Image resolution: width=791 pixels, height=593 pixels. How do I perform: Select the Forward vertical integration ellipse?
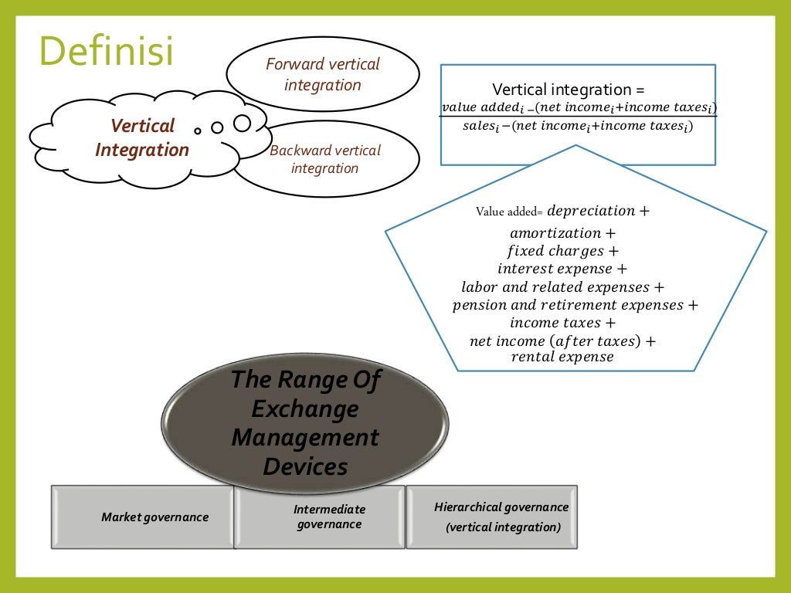pyautogui.click(x=323, y=74)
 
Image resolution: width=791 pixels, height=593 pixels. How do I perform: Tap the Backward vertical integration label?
pyautogui.click(x=325, y=159)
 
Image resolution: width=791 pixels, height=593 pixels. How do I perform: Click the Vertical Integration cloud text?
pyautogui.click(x=141, y=137)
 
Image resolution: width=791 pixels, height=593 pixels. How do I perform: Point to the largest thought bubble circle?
pyautogui.click(x=243, y=123)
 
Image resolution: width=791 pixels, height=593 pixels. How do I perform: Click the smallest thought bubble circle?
pyautogui.click(x=198, y=130)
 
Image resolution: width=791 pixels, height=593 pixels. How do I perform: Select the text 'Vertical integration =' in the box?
pyautogui.click(x=568, y=90)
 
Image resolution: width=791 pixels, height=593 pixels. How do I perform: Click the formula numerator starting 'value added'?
pyautogui.click(x=579, y=107)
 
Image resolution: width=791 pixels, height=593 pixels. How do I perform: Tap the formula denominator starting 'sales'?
pyautogui.click(x=577, y=126)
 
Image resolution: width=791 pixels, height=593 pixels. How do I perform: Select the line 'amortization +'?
pyautogui.click(x=562, y=232)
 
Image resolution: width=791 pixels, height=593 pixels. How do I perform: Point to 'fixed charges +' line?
pyautogui.click(x=562, y=251)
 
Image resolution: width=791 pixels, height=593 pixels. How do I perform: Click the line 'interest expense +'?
pyautogui.click(x=562, y=269)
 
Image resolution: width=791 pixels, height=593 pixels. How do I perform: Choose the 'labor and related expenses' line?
pyautogui.click(x=562, y=287)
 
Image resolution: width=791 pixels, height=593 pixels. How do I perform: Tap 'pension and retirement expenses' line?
pyautogui.click(x=575, y=305)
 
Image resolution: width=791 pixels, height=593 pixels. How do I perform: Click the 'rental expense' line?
pyautogui.click(x=562, y=356)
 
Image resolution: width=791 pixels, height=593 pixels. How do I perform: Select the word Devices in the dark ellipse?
pyautogui.click(x=304, y=466)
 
